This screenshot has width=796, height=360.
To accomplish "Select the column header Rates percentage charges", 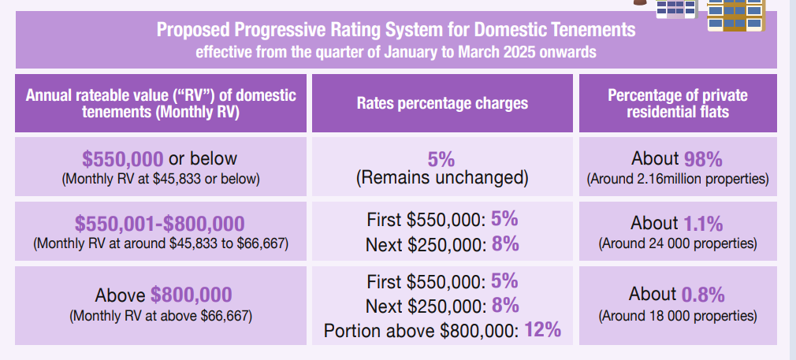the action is click(x=442, y=103).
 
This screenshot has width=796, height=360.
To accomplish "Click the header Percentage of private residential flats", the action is click(x=678, y=103).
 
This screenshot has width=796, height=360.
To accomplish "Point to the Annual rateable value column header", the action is click(x=161, y=103).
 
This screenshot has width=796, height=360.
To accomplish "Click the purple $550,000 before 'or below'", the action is click(x=123, y=159).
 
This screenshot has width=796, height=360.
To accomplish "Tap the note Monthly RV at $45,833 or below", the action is click(x=161, y=180).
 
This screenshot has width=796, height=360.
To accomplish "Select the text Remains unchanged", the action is click(x=442, y=178).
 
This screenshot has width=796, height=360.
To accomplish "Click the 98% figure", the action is click(x=703, y=159).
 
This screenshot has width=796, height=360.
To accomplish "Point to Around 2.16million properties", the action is click(x=678, y=180).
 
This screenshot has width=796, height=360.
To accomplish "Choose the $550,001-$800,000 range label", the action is click(x=159, y=224).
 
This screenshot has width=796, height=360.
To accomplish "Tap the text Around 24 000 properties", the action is click(x=678, y=243).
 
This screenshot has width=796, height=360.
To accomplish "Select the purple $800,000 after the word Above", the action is click(x=192, y=295).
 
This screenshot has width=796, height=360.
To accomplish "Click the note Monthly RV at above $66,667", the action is click(x=161, y=316).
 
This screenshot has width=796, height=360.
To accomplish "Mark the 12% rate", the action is click(x=543, y=329).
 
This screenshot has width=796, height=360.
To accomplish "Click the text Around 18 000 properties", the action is click(x=678, y=316).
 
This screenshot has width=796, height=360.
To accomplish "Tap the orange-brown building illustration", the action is click(x=735, y=15).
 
